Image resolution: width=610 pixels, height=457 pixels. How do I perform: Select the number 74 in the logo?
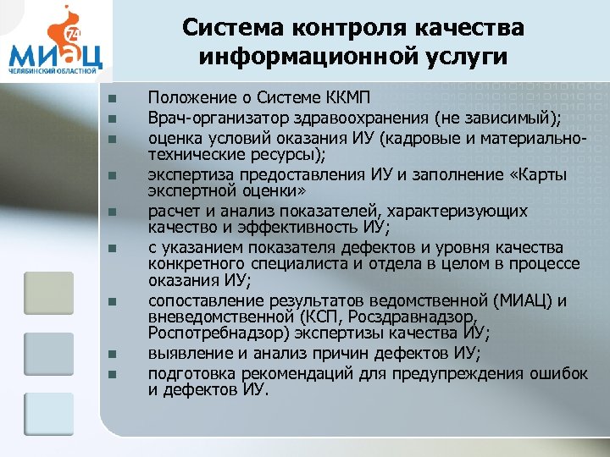click(70, 32)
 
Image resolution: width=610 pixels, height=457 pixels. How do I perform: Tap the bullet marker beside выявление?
click(112, 353)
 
